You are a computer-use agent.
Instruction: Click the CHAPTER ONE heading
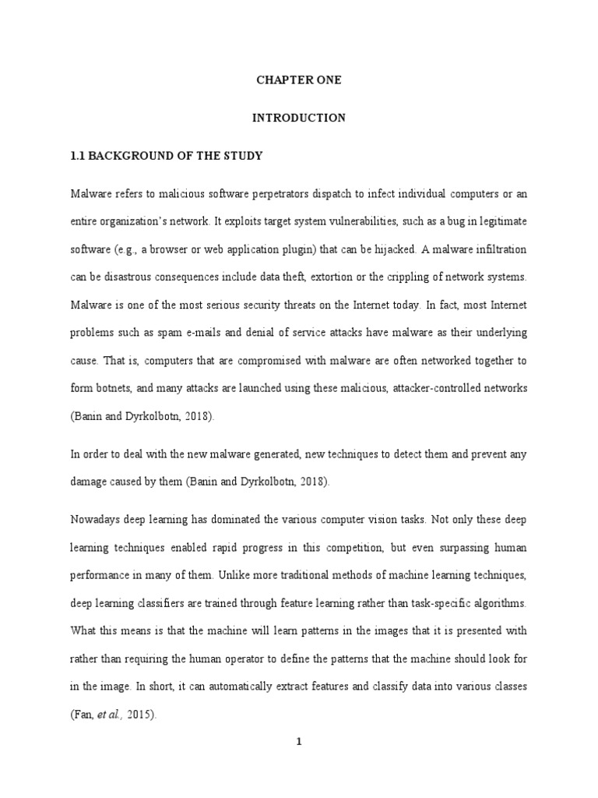point(299,80)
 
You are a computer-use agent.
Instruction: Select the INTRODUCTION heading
point(299,118)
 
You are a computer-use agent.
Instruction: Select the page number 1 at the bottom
point(299,743)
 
